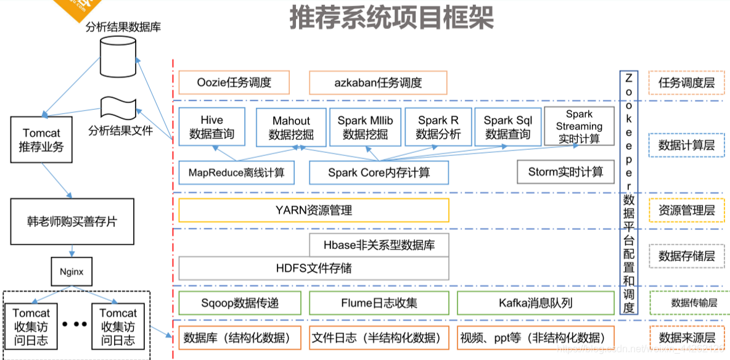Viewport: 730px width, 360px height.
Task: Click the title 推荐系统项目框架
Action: pos(392,18)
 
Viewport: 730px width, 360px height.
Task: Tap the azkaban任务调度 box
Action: pos(378,83)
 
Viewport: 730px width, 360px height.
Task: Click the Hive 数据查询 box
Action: pos(211,127)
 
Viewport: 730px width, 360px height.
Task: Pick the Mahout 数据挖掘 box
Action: pos(291,128)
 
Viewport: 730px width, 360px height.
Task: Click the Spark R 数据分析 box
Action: pos(438,127)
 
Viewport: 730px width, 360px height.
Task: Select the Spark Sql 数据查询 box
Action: pos(507,127)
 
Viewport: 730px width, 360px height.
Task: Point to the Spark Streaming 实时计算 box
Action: pos(579,126)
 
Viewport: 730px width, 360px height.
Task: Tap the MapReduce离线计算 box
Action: pos(236,173)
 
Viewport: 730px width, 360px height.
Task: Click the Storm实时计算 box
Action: pos(565,172)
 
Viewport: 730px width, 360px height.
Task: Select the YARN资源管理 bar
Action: pos(313,210)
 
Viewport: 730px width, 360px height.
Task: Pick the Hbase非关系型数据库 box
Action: pos(379,245)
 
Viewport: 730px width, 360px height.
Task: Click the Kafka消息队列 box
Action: pos(535,303)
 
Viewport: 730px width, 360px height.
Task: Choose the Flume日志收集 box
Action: pos(379,303)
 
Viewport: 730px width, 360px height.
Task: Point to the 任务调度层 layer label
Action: pos(686,83)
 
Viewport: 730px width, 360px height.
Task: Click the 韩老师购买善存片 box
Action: pos(72,221)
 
